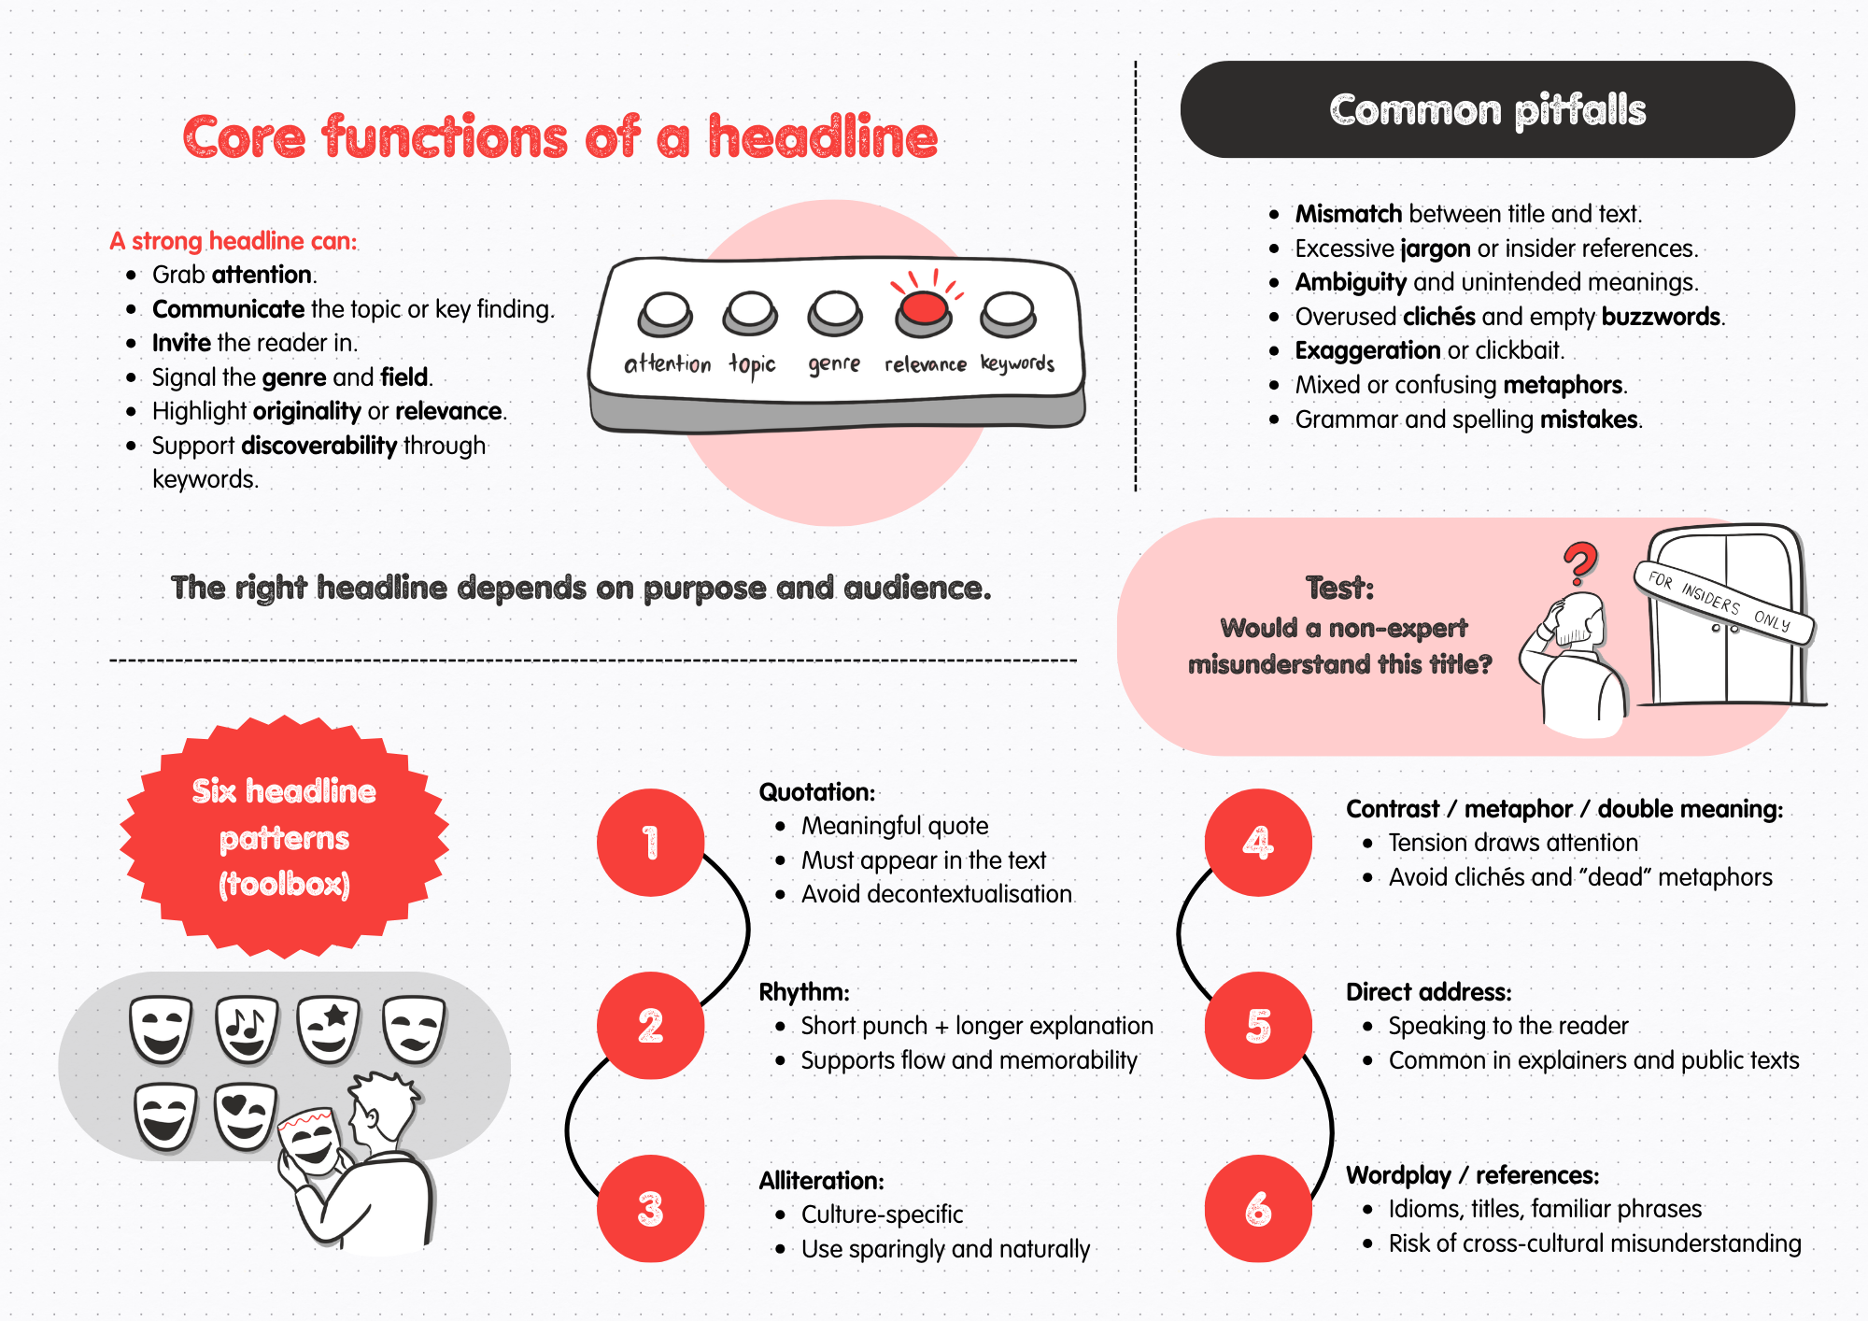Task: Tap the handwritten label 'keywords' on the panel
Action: point(1017,363)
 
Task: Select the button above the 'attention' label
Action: point(665,313)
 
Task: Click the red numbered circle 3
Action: point(650,1209)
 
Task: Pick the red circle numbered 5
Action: point(1258,1026)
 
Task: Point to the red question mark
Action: point(1580,562)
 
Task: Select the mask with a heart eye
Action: point(245,1115)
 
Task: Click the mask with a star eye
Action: point(329,1028)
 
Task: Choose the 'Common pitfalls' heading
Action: point(1487,110)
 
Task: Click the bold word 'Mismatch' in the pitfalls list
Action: point(1348,214)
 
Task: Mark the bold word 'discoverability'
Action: point(318,446)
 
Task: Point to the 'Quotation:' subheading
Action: point(816,792)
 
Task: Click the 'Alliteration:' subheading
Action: point(821,1181)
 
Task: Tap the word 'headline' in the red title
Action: point(822,138)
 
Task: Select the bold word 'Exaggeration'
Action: point(1367,350)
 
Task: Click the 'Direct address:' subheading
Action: point(1428,992)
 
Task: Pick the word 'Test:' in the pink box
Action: point(1339,588)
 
